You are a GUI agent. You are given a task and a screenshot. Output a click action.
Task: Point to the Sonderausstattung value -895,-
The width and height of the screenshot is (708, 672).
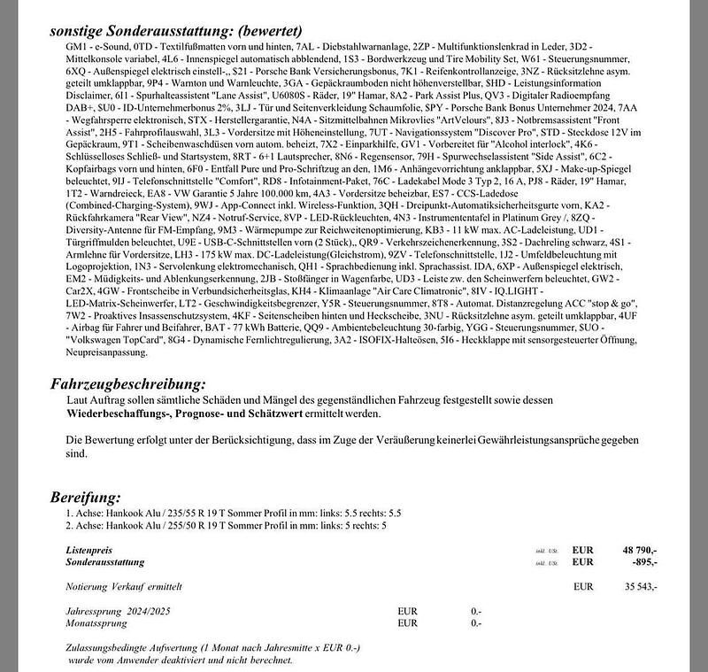(x=643, y=562)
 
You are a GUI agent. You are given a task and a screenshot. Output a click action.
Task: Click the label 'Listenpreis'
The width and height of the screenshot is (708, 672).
(x=89, y=551)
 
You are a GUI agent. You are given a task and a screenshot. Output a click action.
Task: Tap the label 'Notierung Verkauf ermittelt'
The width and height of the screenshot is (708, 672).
(x=124, y=586)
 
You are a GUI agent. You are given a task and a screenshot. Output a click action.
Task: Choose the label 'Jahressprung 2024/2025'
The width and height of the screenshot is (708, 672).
(x=119, y=611)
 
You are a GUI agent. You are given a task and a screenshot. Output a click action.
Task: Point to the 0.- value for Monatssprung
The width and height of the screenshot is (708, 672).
(x=476, y=622)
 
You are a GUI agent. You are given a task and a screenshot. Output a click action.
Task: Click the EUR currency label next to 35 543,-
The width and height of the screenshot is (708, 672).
(x=583, y=586)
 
